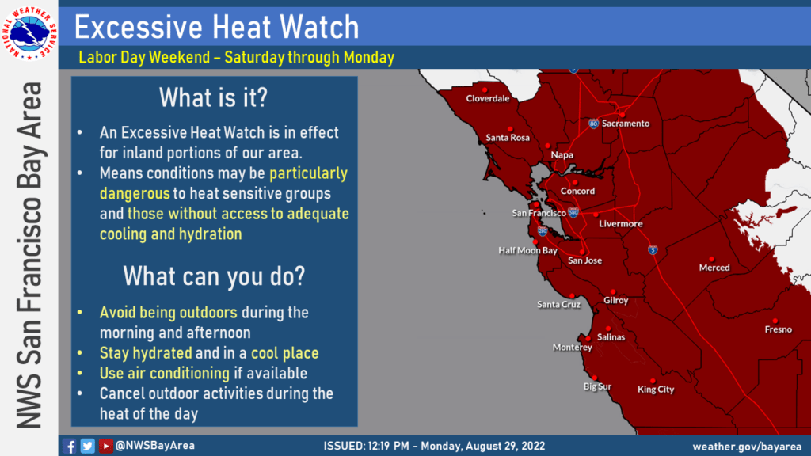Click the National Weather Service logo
29,33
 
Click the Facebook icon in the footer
70,446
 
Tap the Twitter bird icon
87,446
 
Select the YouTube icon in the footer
105,446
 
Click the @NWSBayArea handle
155,446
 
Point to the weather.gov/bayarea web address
747,446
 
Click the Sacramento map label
626,123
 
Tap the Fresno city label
778,329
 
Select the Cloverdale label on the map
487,98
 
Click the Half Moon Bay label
527,251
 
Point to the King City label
655,389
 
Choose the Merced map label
714,268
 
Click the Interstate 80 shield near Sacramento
594,123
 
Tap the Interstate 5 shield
653,250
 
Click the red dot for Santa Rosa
510,129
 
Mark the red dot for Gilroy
613,292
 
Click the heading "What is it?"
213,97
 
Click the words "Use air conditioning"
165,374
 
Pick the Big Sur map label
597,386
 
